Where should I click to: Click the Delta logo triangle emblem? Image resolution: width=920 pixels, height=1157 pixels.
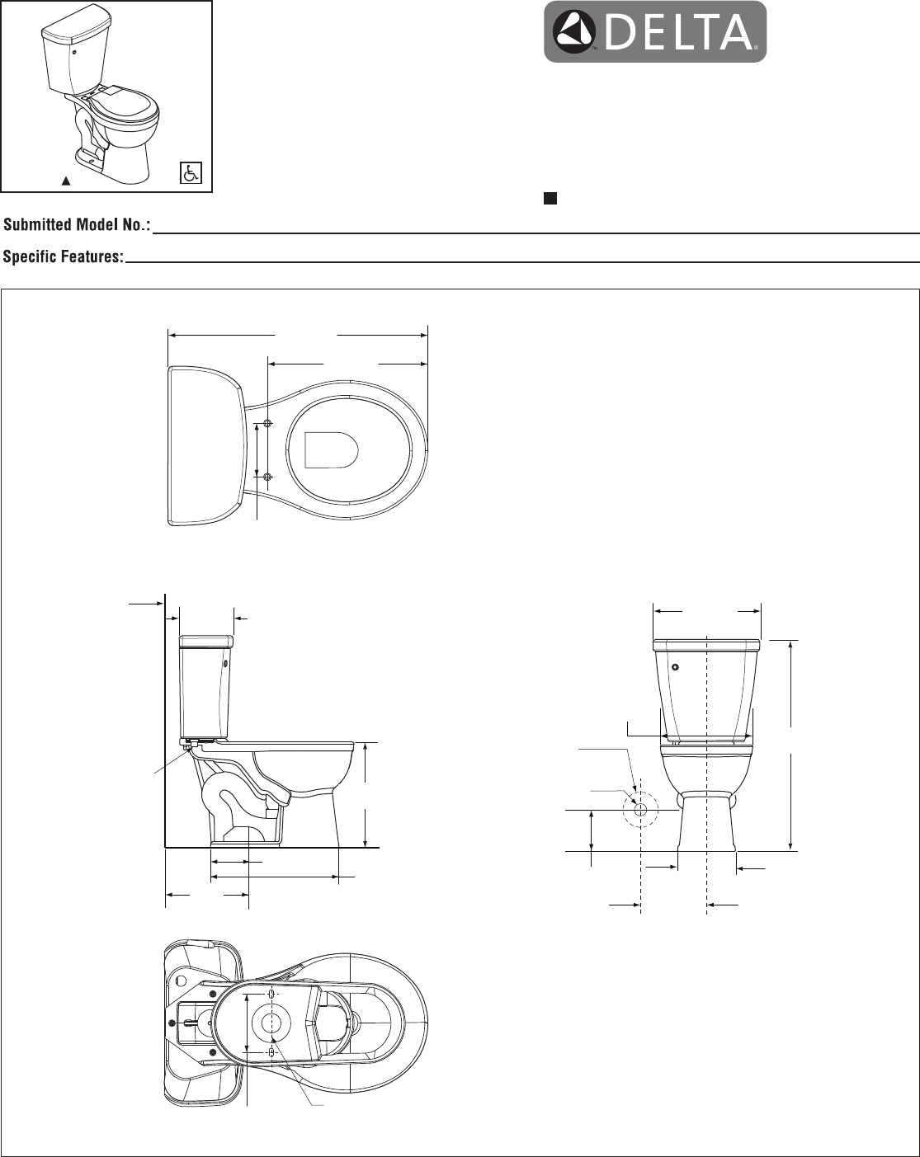[577, 31]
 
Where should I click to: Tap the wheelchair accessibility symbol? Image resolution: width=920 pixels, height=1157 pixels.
[190, 172]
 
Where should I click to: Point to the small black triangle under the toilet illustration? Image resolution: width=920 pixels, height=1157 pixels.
[66, 181]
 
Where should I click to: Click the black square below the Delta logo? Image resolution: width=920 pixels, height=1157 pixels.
[550, 199]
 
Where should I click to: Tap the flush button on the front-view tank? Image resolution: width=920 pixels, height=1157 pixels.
[676, 667]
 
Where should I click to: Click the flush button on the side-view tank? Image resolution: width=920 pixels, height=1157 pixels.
[224, 665]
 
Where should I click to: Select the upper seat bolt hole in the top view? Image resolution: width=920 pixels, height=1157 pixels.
[268, 423]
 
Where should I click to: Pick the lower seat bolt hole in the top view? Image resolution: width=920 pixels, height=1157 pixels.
[268, 477]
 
